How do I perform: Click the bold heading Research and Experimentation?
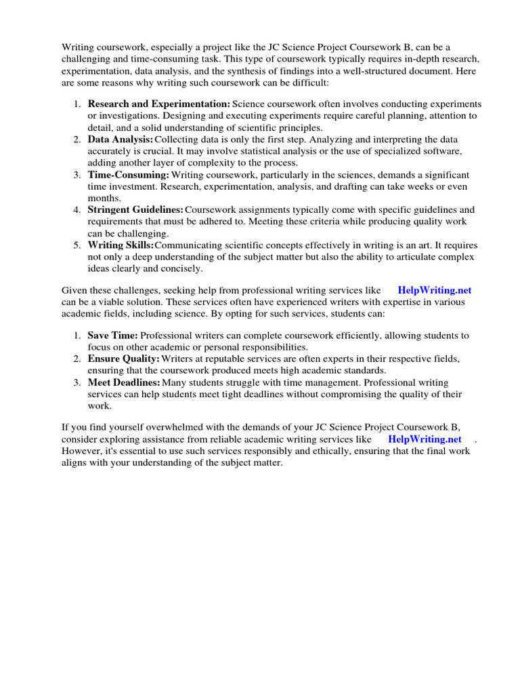coord(159,104)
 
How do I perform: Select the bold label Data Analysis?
coord(121,139)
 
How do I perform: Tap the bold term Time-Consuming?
coord(128,175)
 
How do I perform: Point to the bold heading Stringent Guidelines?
coord(135,210)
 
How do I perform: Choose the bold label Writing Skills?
coord(121,245)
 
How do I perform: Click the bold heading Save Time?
coord(112,335)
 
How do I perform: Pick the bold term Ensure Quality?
coord(123,359)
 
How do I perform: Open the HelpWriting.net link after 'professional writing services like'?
coord(434,290)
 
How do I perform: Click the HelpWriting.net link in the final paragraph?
coord(425,439)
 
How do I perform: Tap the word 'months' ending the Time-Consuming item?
coord(103,198)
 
